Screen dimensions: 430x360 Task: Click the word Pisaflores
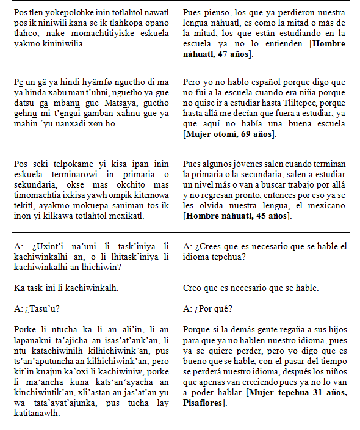point(204,403)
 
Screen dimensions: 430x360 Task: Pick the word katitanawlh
point(36,414)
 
